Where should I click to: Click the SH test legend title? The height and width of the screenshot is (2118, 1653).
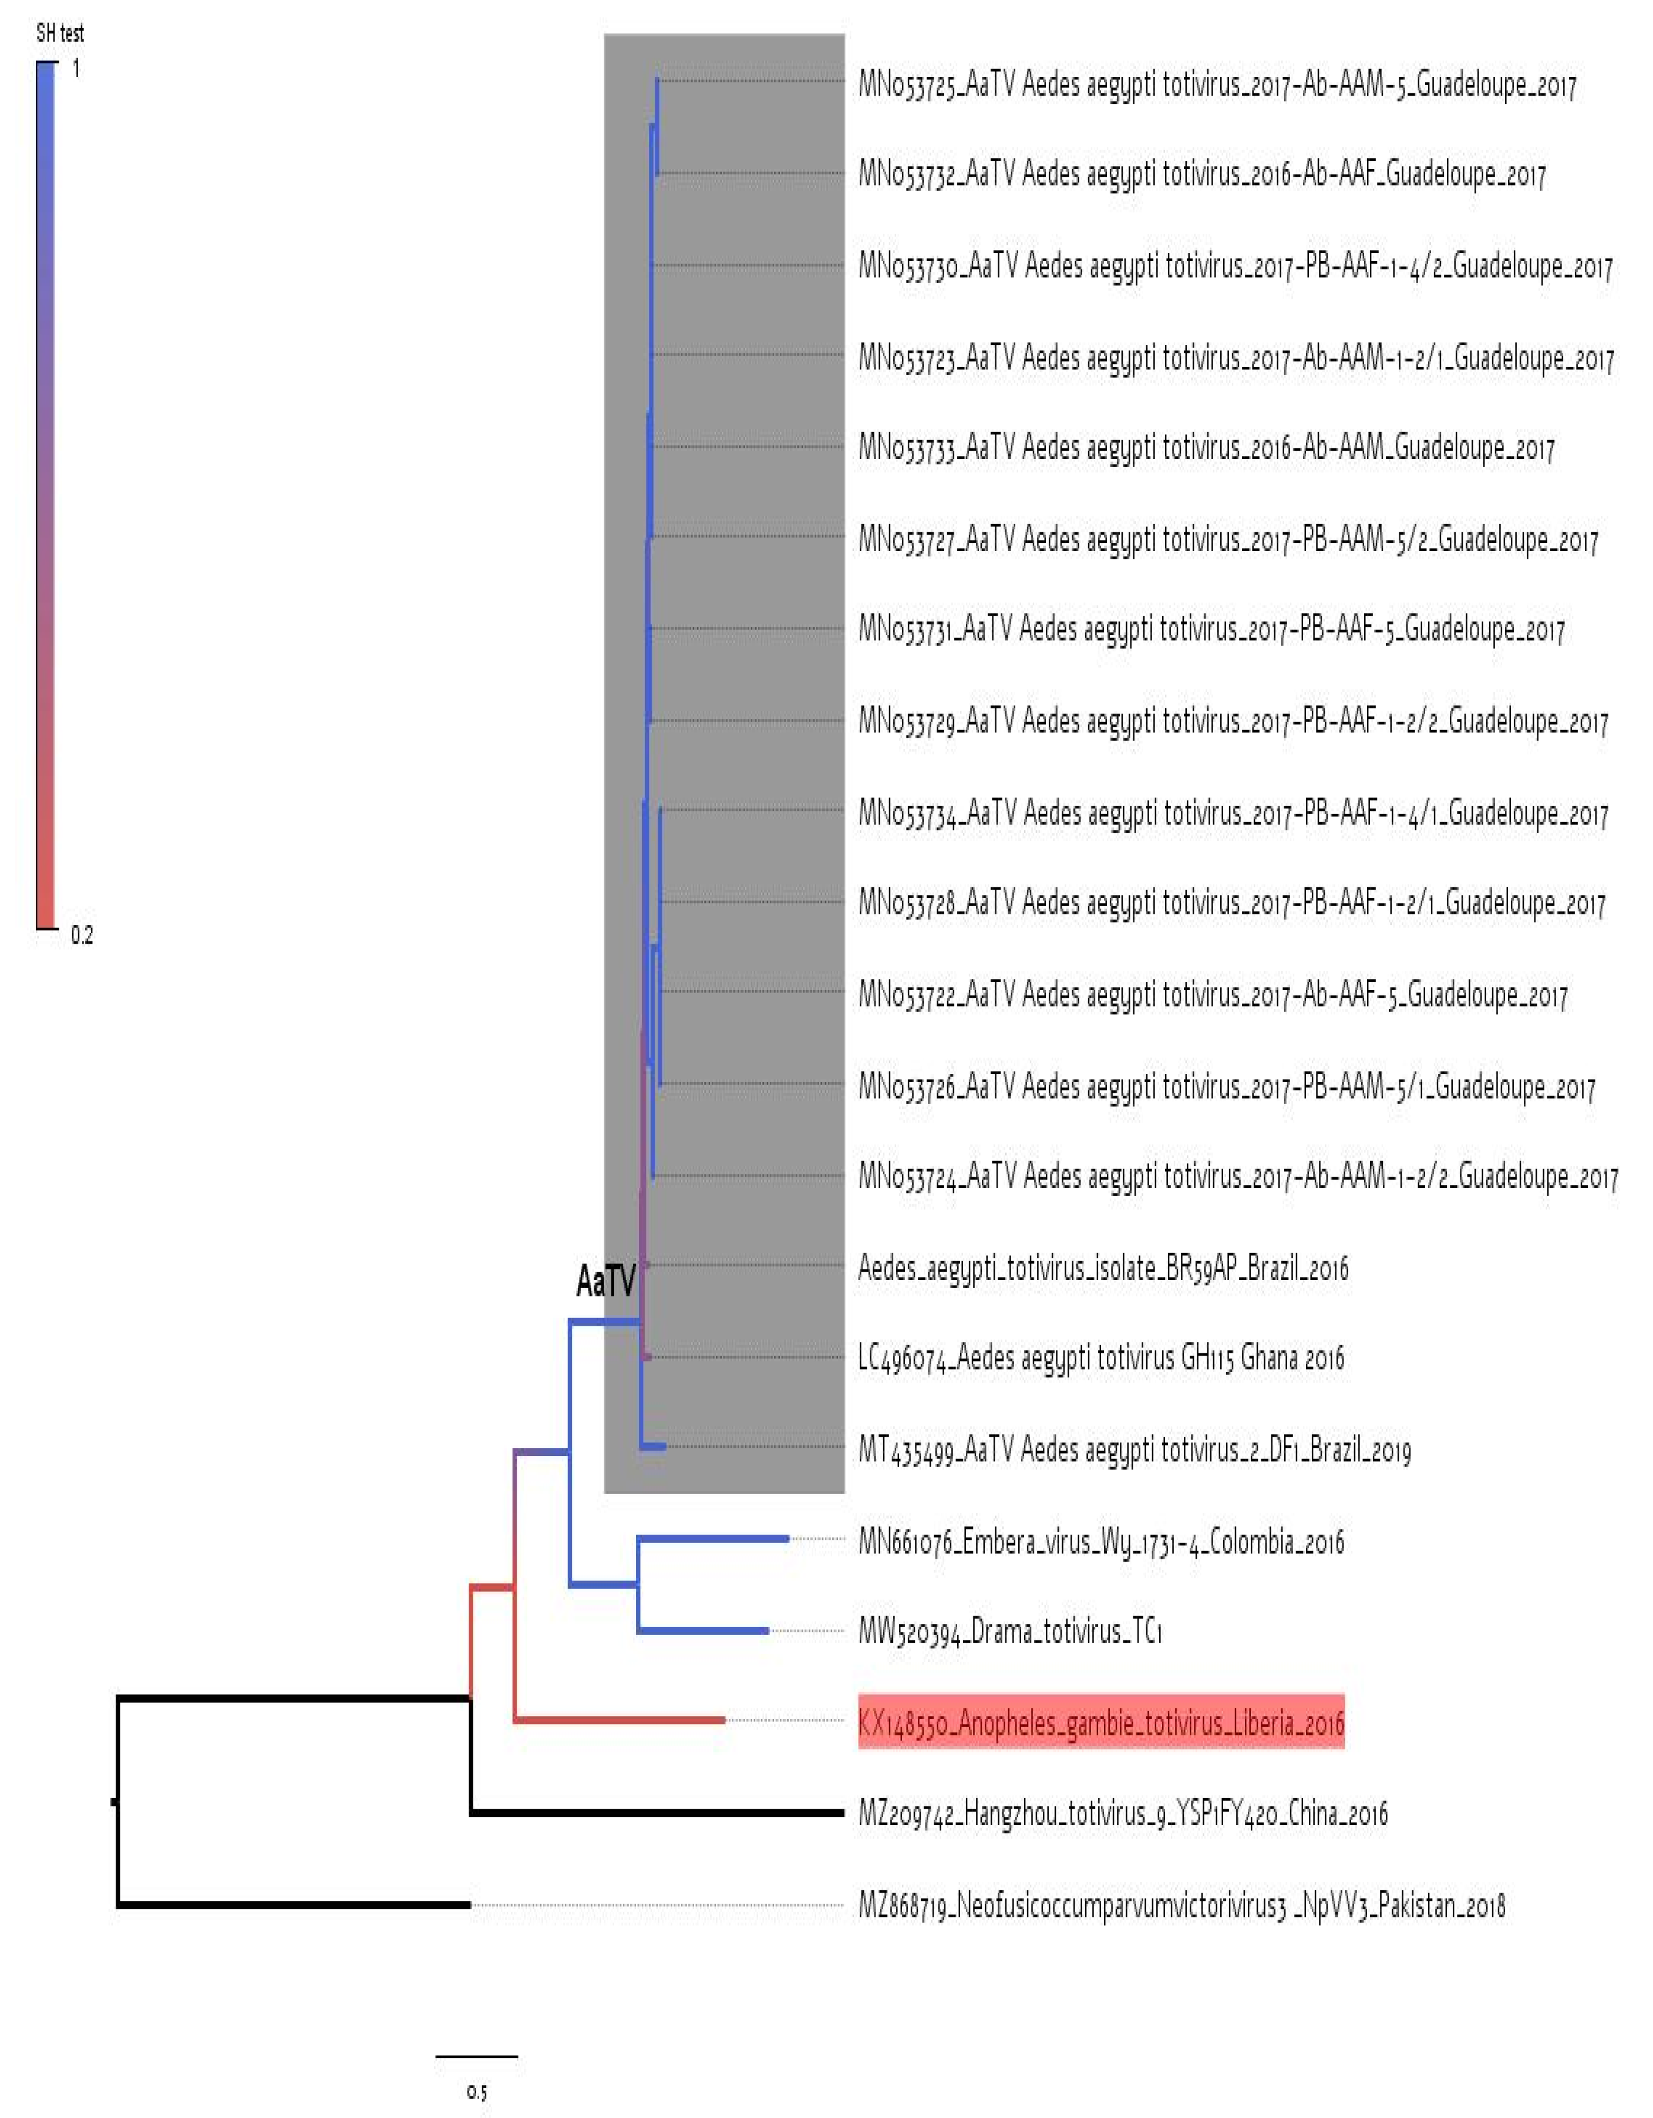coord(59,33)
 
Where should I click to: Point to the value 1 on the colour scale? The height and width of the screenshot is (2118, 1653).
coord(77,69)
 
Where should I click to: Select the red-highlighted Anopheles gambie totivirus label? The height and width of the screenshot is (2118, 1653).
coord(1101,1721)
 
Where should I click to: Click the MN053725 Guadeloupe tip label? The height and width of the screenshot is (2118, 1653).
coord(1217,85)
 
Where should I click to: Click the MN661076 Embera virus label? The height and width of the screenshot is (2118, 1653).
coord(1101,1541)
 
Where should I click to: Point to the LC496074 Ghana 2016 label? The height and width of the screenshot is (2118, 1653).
coord(1101,1357)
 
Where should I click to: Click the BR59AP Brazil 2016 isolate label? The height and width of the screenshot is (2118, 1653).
coord(1103,1268)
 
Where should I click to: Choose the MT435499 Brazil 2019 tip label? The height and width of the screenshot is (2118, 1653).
coord(1134,1450)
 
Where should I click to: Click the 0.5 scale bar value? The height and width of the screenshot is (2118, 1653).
coord(476,2092)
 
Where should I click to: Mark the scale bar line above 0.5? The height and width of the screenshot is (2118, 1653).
coord(476,2055)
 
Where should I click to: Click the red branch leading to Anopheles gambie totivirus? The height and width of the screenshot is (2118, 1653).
coord(621,1720)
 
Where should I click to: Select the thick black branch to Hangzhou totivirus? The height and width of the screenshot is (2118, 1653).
coord(659,1812)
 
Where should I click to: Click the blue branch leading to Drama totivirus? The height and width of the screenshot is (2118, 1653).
coord(703,1630)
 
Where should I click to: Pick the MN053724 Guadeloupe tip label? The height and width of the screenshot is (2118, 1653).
coord(1238,1176)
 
